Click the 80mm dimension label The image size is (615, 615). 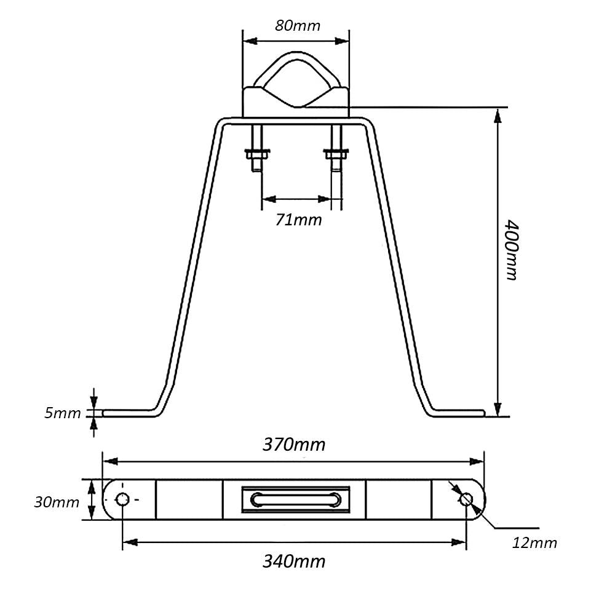coord(298,26)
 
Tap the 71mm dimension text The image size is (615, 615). coord(298,220)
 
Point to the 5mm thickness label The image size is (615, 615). coord(62,413)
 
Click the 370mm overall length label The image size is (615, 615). coord(294,445)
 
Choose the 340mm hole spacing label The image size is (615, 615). coord(294,561)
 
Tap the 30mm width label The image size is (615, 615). coord(57,502)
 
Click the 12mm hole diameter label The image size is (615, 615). coord(534,543)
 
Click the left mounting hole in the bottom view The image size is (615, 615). coord(122,499)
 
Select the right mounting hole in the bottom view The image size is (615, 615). coord(466,499)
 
